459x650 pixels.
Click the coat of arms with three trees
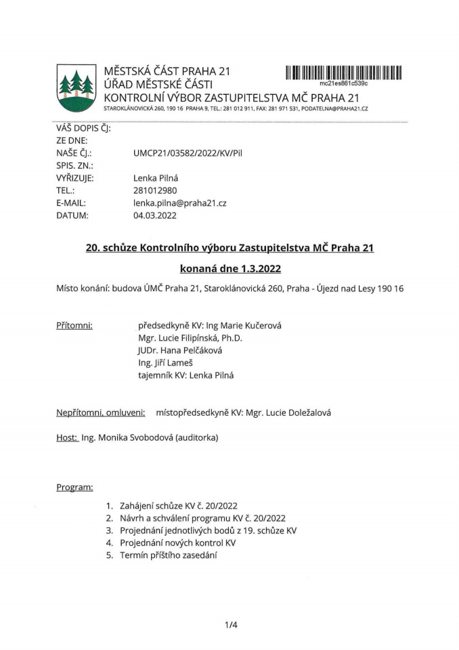click(76, 88)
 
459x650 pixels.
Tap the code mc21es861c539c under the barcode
click(343, 83)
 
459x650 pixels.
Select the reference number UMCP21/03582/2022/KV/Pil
click(188, 153)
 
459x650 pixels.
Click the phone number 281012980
click(156, 190)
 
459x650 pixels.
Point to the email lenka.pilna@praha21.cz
click(180, 202)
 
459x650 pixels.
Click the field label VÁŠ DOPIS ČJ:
click(83, 128)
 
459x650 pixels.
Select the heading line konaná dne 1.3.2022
click(230, 268)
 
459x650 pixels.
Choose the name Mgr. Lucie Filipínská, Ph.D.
click(190, 338)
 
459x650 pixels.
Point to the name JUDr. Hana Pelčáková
click(179, 350)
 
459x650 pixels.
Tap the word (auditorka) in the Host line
click(196, 437)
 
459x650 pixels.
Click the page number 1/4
click(231, 625)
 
